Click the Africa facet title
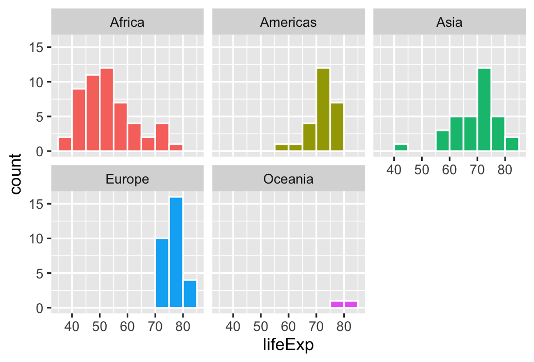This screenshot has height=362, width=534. [x=127, y=22]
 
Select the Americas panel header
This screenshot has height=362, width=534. [x=288, y=22]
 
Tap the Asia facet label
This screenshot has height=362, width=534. [x=449, y=22]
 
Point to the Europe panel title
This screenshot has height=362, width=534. [x=127, y=179]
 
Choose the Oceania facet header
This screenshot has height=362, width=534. [x=288, y=179]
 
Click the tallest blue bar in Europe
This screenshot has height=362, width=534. [x=176, y=252]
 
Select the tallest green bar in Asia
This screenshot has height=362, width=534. [x=484, y=109]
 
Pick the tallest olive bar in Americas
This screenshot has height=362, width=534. [x=323, y=109]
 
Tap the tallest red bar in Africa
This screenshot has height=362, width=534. [x=107, y=109]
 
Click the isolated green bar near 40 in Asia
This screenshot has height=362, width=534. [x=400, y=147]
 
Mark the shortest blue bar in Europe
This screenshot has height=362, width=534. [x=190, y=293]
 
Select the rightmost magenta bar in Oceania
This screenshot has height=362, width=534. [x=351, y=304]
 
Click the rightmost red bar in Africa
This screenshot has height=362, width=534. [x=176, y=147]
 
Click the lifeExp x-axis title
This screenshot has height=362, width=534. [x=288, y=345]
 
